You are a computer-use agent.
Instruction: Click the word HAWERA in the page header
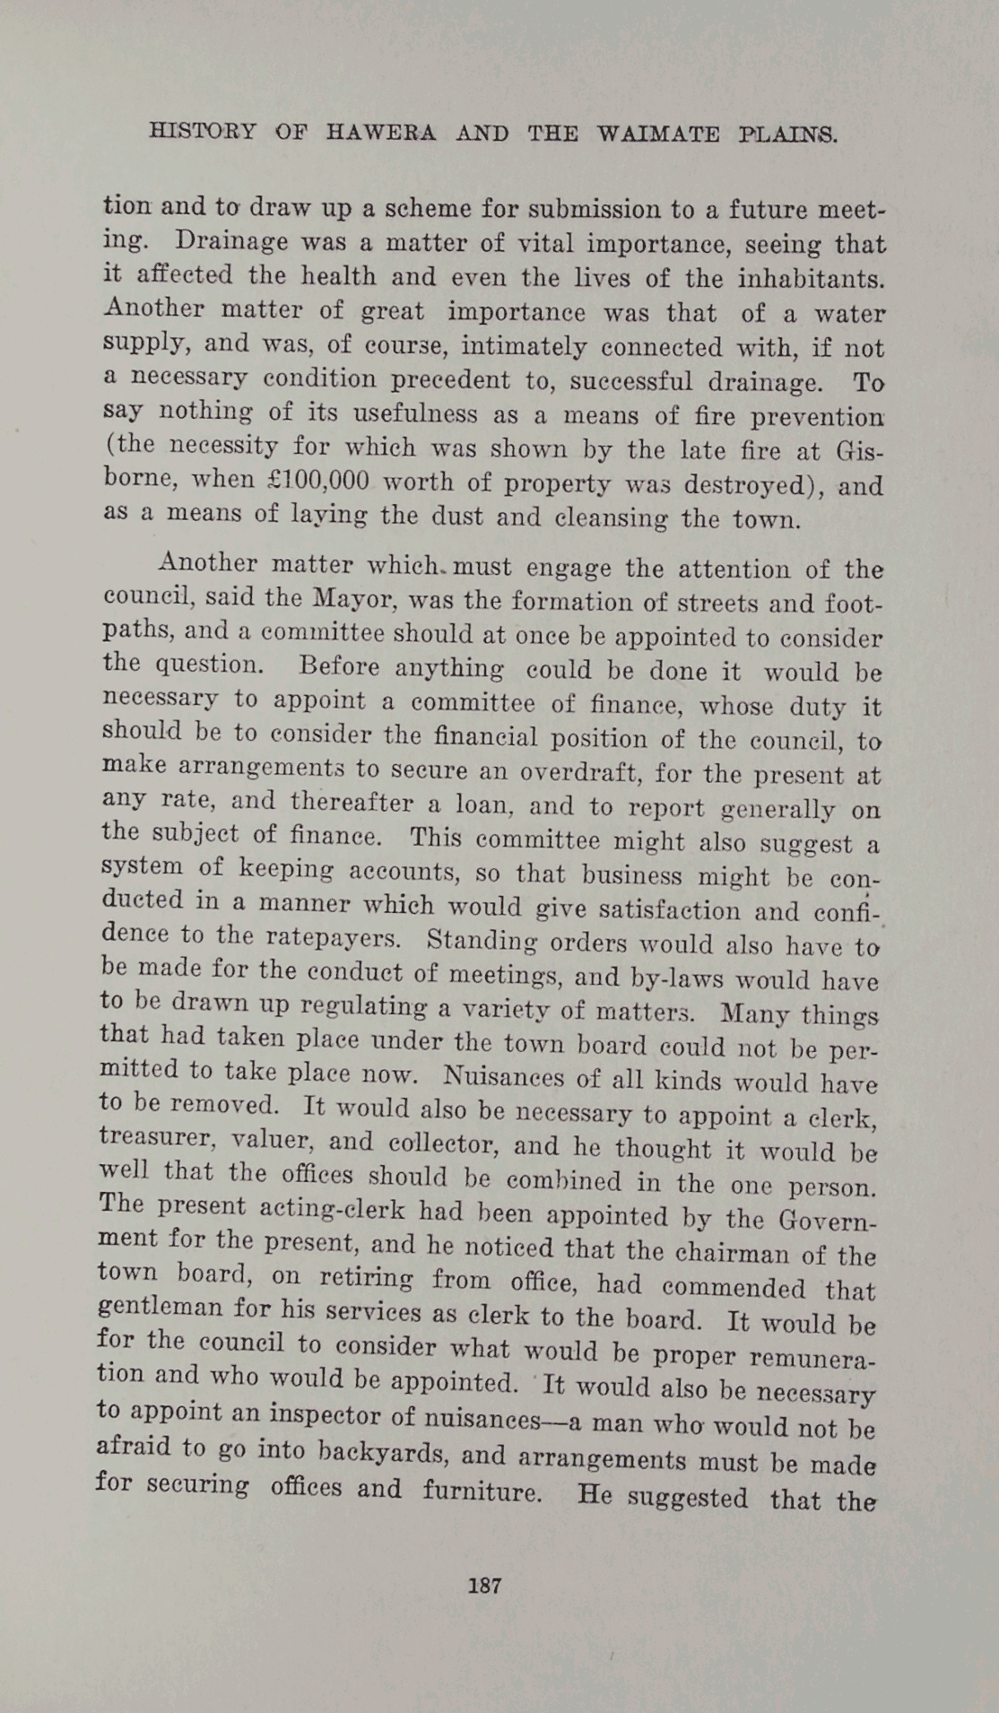pyautogui.click(x=381, y=134)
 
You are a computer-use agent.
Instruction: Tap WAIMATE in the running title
pyautogui.click(x=658, y=135)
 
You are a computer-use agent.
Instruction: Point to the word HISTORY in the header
pyautogui.click(x=203, y=131)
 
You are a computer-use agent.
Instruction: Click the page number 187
pyautogui.click(x=485, y=1585)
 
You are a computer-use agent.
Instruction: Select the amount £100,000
pyautogui.click(x=319, y=480)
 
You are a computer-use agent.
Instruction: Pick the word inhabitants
pyautogui.click(x=811, y=279)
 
